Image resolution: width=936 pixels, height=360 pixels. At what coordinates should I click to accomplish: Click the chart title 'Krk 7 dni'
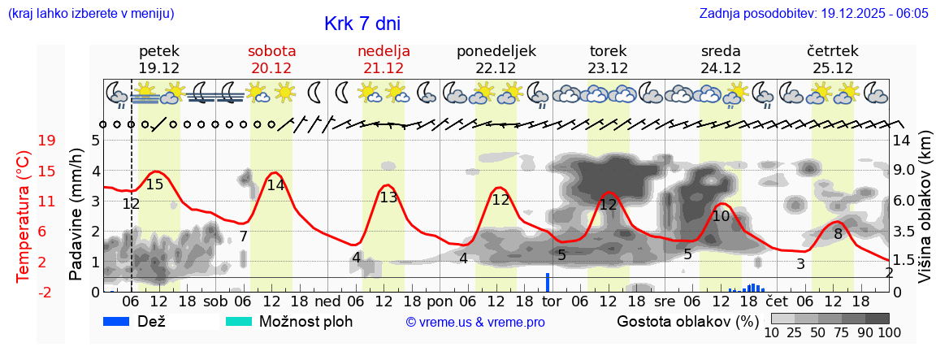tap(362, 24)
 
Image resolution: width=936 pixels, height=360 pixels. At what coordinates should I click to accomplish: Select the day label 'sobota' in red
tap(271, 51)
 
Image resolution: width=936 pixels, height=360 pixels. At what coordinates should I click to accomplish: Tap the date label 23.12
tap(608, 68)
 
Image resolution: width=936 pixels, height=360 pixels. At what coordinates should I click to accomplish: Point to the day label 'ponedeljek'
tap(496, 51)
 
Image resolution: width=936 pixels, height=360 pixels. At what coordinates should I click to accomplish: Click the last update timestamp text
tap(813, 14)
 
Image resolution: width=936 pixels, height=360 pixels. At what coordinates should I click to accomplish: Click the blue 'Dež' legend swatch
tap(117, 321)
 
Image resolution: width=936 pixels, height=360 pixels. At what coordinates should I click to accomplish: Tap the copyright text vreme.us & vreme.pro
tap(475, 323)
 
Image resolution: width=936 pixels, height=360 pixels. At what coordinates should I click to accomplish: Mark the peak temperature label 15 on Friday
tap(154, 184)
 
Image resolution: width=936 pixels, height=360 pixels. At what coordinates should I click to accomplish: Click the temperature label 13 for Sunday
tap(388, 197)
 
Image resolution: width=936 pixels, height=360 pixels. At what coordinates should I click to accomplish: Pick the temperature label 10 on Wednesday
tap(721, 216)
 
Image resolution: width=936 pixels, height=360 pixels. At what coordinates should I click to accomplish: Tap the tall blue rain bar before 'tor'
tap(548, 282)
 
